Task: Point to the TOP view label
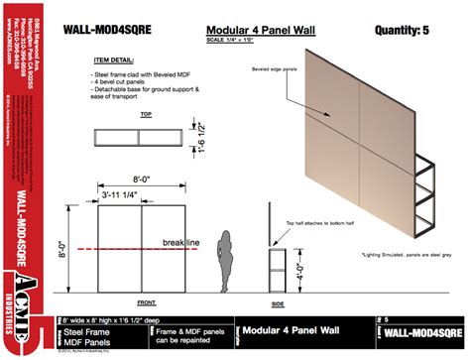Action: [146, 115]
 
